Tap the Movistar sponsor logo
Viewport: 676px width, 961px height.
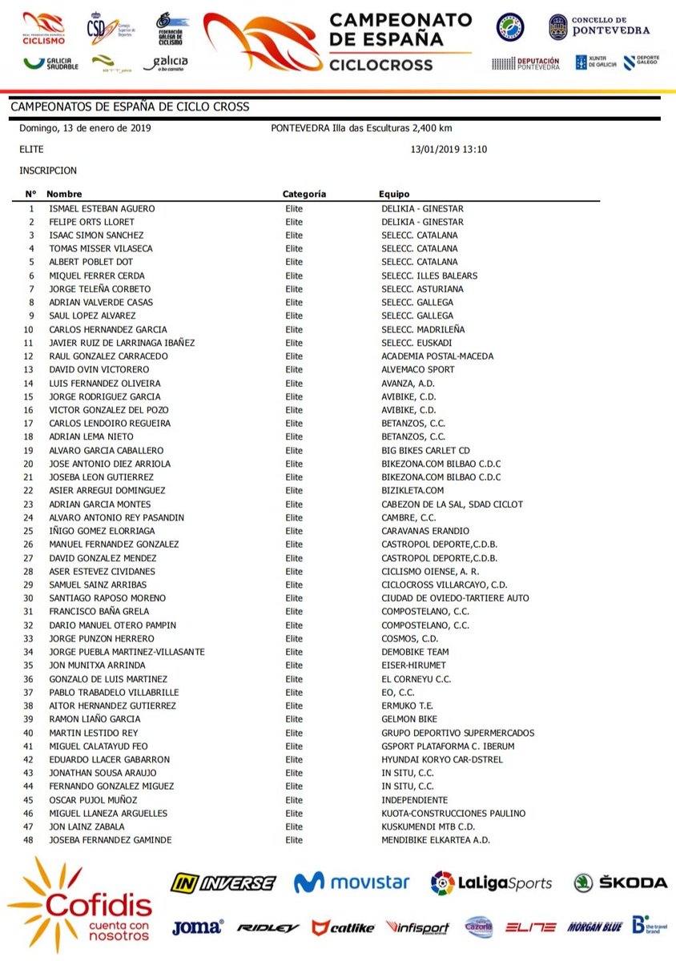point(352,883)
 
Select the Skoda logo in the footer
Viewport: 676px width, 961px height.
point(621,883)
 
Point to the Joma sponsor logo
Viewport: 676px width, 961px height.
point(197,927)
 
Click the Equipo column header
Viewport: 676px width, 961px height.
point(394,194)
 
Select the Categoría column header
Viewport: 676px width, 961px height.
point(304,194)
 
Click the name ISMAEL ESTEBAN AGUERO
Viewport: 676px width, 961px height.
point(102,208)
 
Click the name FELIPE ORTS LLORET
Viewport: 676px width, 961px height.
point(91,222)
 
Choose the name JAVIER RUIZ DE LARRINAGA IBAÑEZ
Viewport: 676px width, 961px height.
point(122,343)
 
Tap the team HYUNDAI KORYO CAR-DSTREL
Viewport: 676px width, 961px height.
point(442,759)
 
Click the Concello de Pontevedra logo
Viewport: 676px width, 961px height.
point(599,27)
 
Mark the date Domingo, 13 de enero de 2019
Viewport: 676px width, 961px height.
point(86,128)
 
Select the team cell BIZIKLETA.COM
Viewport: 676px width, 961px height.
point(412,490)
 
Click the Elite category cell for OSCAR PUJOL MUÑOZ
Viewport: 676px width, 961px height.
point(295,800)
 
